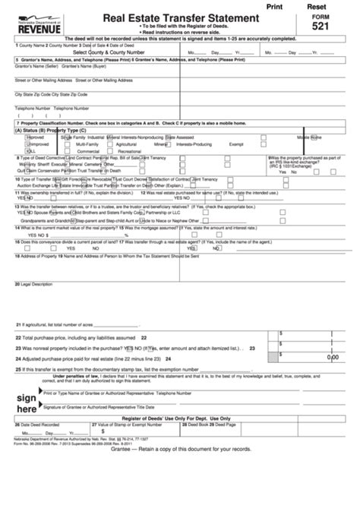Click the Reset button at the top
pos(327,5)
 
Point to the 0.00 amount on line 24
pos(333,356)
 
